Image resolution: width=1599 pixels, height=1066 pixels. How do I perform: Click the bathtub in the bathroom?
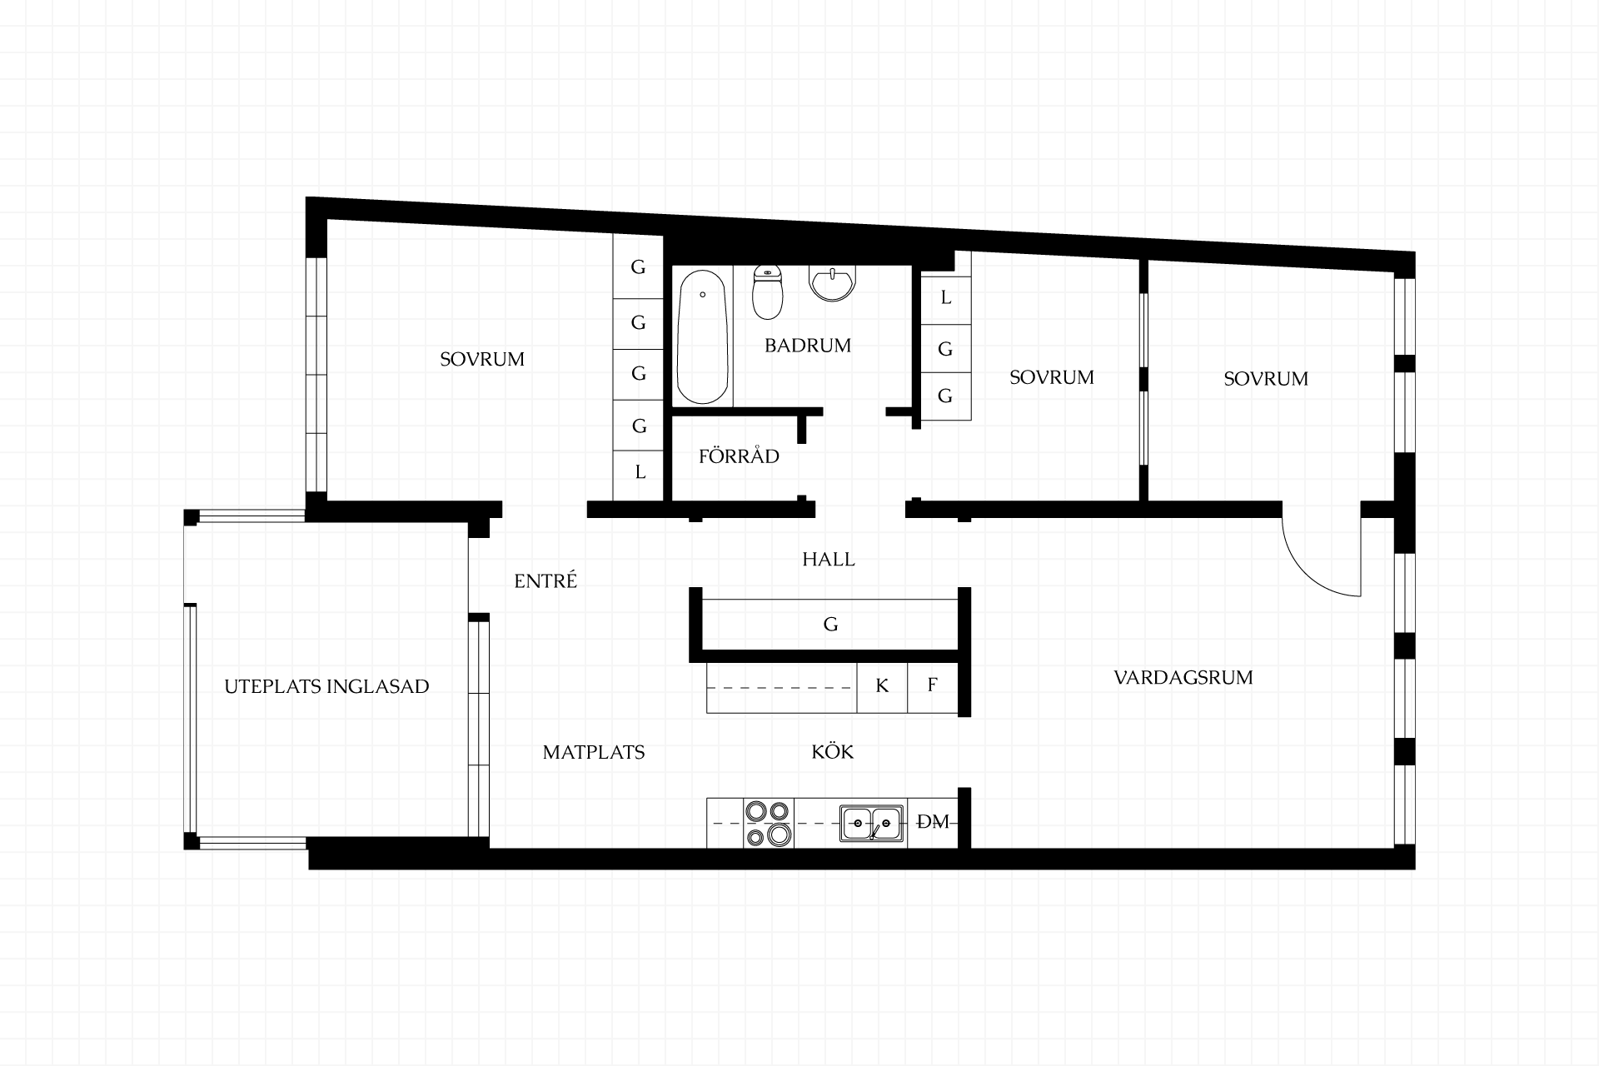(x=704, y=336)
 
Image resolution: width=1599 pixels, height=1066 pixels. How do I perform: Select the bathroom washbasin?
(x=831, y=283)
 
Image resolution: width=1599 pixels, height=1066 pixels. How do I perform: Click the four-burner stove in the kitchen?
(x=768, y=823)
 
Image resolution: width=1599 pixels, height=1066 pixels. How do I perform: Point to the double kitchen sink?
(x=871, y=823)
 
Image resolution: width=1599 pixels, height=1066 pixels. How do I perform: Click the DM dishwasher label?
(x=933, y=823)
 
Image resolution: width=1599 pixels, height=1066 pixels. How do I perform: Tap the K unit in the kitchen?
(x=882, y=687)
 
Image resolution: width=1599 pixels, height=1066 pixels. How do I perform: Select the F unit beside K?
(x=933, y=687)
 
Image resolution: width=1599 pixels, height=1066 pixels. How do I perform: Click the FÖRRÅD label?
(x=739, y=456)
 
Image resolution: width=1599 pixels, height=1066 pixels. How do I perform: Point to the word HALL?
(x=829, y=560)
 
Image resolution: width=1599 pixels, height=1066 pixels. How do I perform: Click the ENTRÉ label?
(x=545, y=580)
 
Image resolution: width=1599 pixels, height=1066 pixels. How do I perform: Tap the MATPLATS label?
(x=594, y=752)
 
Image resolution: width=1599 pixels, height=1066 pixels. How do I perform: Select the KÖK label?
(x=833, y=751)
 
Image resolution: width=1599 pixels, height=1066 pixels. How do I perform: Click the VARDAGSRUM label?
(x=1183, y=677)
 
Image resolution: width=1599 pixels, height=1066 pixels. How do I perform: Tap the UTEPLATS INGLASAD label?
(x=326, y=686)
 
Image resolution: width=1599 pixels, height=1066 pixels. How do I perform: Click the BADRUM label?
(x=808, y=345)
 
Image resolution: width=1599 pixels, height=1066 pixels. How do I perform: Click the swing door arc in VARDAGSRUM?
(x=1305, y=574)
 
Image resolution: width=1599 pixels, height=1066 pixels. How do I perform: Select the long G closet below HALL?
(x=830, y=624)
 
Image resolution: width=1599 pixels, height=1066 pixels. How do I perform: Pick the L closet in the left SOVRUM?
(x=639, y=472)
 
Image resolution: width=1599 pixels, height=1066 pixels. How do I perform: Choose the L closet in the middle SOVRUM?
(x=946, y=297)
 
